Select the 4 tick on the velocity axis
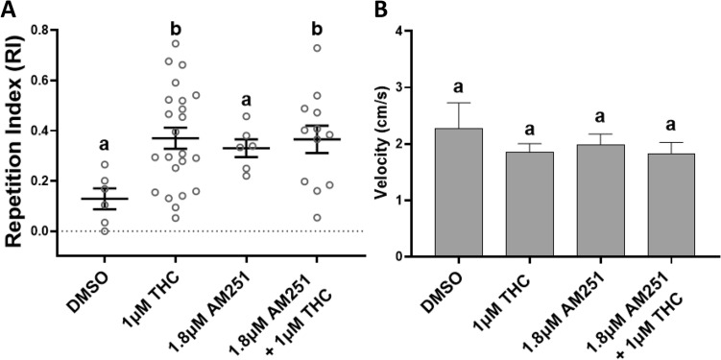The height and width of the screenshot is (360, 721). (x=414, y=31)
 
